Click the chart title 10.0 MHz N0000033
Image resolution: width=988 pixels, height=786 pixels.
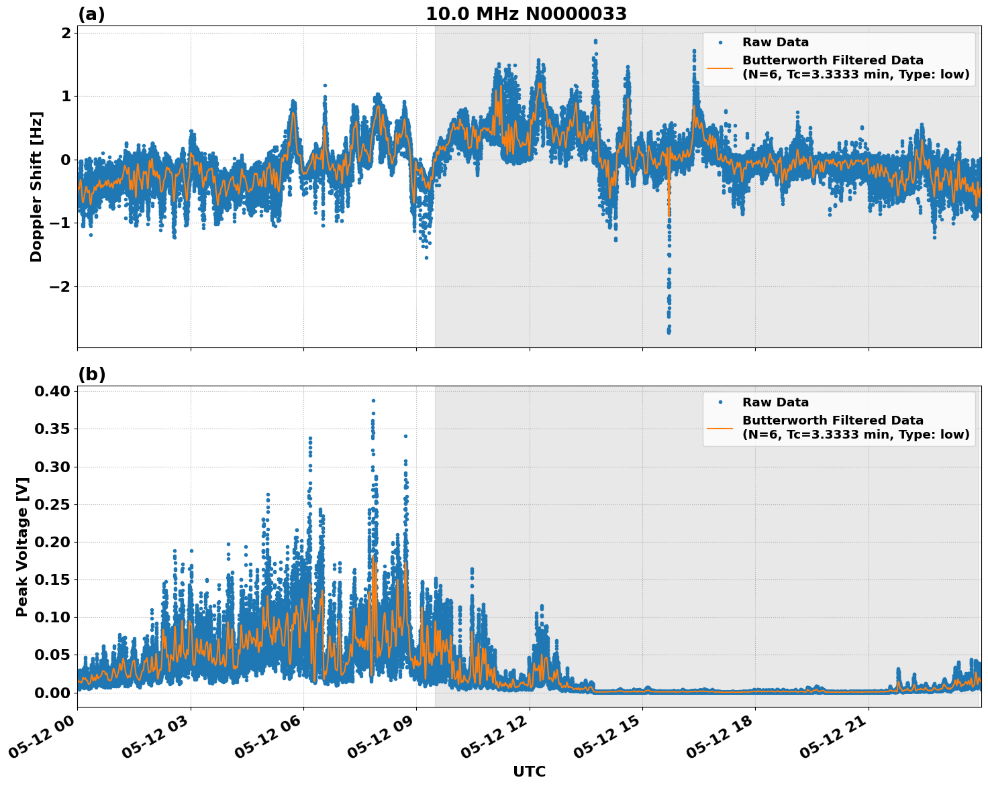(x=526, y=14)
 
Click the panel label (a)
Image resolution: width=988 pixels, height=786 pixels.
(x=91, y=14)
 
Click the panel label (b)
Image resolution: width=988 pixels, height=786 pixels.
(x=91, y=374)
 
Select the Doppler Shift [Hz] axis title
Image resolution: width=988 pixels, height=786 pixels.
(x=36, y=186)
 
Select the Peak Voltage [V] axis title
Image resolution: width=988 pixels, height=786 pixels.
(x=22, y=547)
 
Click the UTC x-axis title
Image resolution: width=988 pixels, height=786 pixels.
(x=529, y=771)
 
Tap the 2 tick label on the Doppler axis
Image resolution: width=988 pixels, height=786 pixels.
(x=66, y=33)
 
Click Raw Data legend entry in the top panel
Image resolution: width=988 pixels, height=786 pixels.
(x=775, y=42)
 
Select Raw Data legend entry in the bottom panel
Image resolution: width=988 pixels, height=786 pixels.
(x=775, y=402)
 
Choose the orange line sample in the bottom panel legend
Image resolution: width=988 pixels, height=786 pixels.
(x=720, y=427)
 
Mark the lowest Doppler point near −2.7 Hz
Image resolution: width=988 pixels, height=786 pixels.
(x=669, y=332)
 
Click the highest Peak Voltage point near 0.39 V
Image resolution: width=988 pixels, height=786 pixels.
(x=373, y=400)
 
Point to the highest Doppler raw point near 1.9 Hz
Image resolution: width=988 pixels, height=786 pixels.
(x=595, y=41)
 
